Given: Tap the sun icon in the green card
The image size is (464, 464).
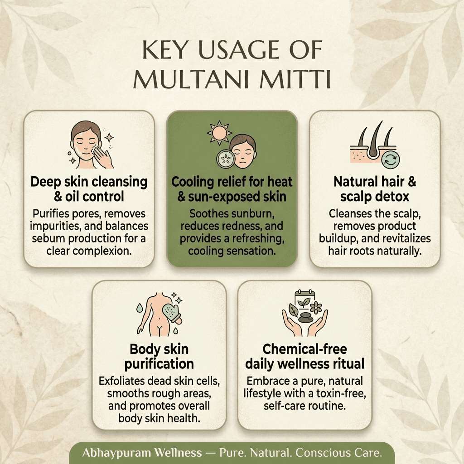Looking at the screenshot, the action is coord(219,133).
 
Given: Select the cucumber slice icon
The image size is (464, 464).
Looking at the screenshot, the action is coord(226,159).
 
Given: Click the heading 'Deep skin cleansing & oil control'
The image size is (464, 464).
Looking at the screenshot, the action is coord(89,189).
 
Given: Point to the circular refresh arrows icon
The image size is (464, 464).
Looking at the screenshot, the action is coord(391,159).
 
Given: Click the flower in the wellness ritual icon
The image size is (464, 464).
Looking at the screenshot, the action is coord(316,308).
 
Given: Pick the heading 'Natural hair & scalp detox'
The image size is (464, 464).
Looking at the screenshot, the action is coord(375,189).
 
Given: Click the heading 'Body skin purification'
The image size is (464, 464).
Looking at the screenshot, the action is coord(159,357).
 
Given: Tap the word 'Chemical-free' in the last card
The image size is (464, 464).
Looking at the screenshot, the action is coord(305,349).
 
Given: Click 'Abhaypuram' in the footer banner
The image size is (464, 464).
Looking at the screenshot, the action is coord(116,453).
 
